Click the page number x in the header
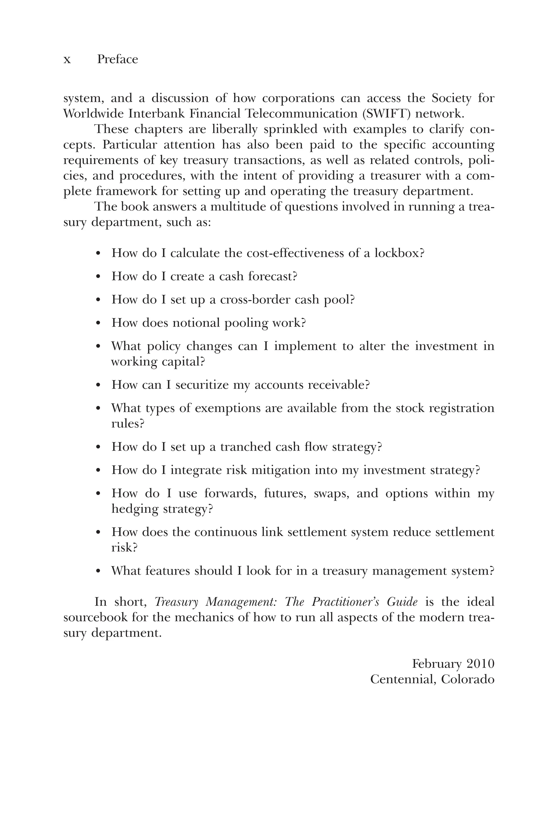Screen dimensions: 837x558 [67, 60]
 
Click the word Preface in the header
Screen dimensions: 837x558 [117, 59]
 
